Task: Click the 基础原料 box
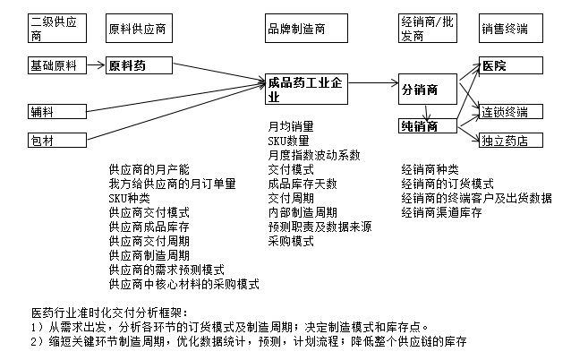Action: (54, 66)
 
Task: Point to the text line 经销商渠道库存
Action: (442, 212)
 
